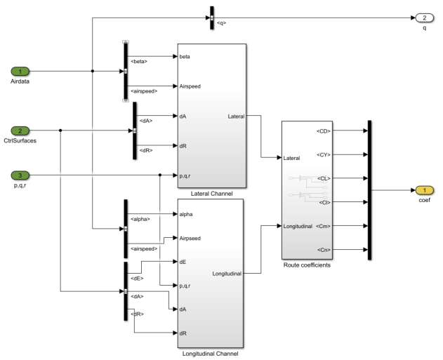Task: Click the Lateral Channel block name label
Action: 211,193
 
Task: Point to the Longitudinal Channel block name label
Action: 211,353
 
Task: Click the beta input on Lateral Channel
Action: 185,56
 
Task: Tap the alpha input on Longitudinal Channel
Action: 187,214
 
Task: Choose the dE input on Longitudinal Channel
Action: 184,262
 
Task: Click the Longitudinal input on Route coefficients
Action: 302,226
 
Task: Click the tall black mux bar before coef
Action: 369,189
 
